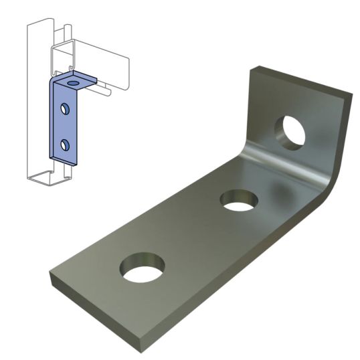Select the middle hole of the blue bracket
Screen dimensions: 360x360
pos(65,108)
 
